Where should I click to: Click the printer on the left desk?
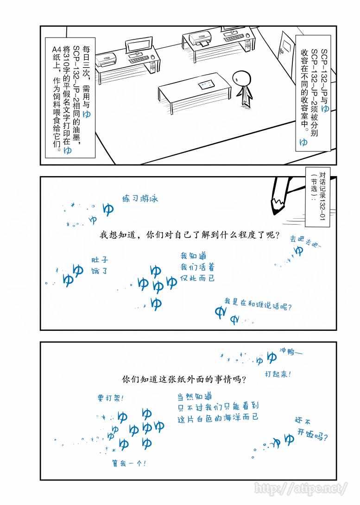click(107, 60)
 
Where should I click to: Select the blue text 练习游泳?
click(140, 198)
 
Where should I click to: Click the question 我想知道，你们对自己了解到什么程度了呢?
click(189, 234)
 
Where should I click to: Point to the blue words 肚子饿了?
click(100, 265)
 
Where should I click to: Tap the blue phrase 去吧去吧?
click(304, 241)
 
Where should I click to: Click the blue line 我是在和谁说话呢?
click(258, 304)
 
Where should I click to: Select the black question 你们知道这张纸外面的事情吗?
click(184, 379)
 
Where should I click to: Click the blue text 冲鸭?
click(291, 351)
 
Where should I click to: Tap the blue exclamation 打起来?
click(278, 374)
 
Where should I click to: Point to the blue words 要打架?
click(110, 398)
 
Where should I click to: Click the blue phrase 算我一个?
click(129, 463)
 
